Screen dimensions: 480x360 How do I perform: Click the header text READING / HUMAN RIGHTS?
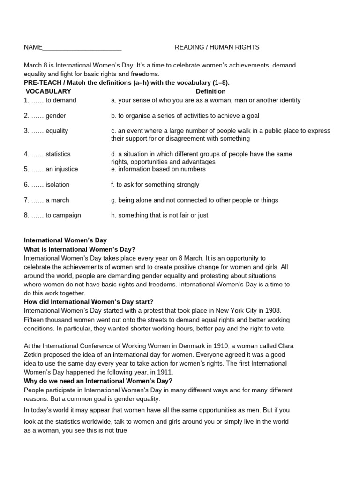(217, 47)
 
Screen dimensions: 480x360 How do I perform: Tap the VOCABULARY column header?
(48, 91)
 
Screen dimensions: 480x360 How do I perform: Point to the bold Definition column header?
(210, 91)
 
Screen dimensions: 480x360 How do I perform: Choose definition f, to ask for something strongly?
(155, 185)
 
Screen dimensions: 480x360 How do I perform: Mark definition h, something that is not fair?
(159, 215)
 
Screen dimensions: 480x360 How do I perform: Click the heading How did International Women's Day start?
(89, 301)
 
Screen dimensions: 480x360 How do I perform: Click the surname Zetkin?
(33, 355)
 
